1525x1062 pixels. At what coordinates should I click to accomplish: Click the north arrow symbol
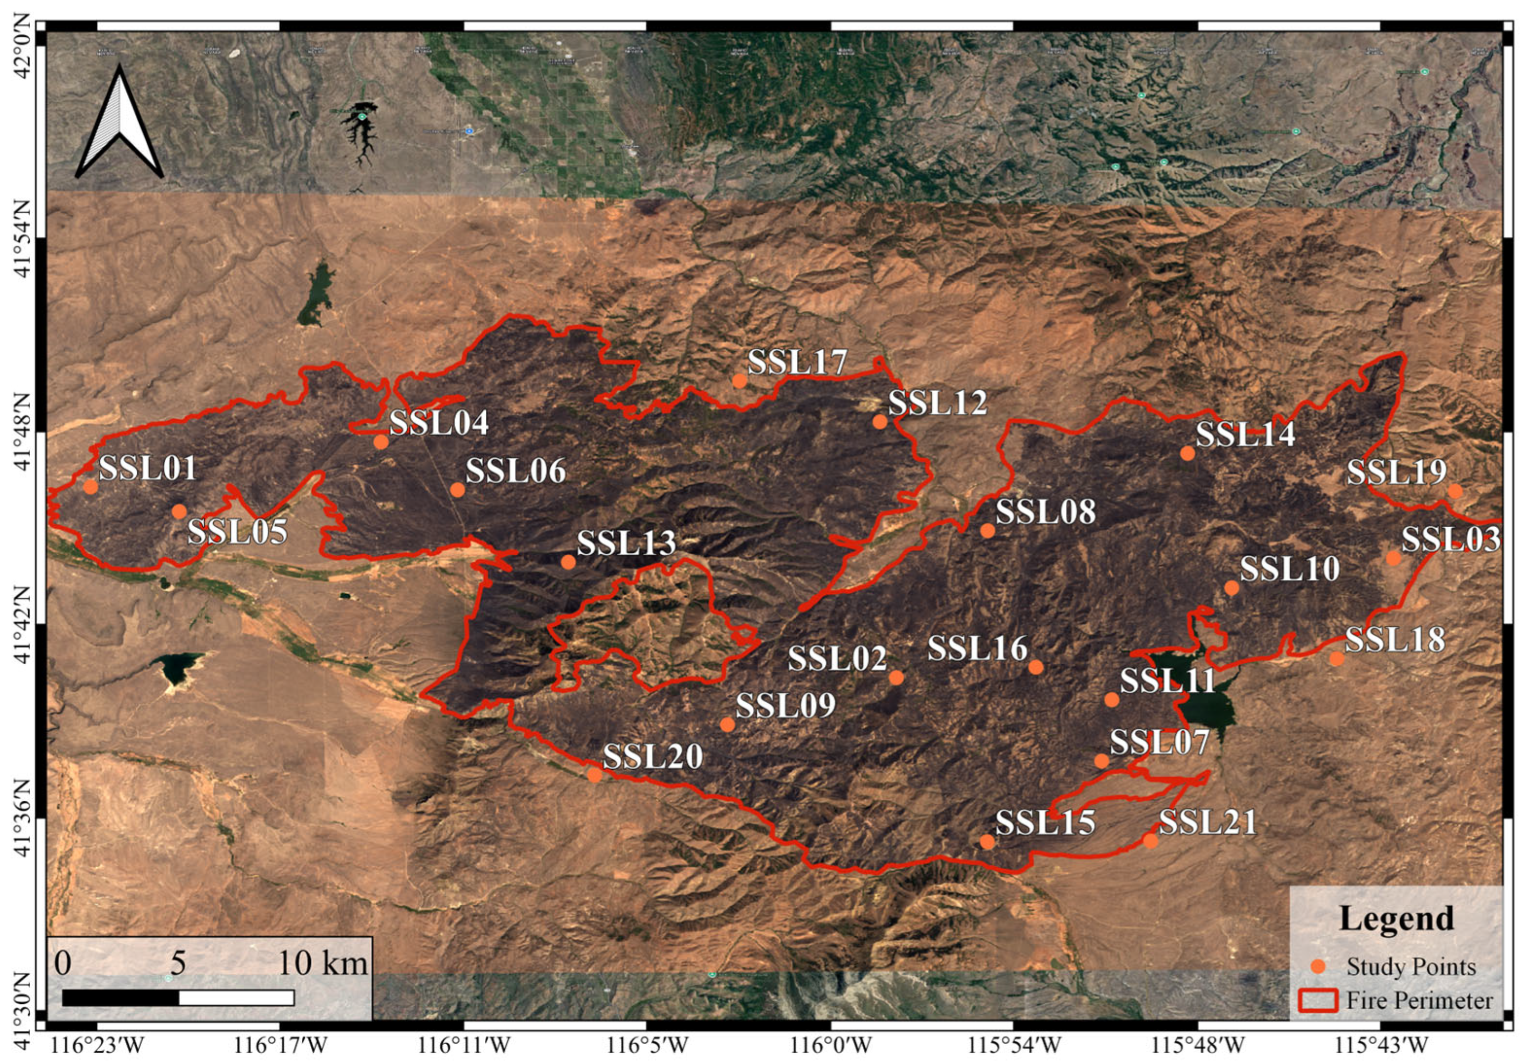pos(120,123)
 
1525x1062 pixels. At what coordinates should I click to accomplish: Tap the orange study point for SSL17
pos(739,380)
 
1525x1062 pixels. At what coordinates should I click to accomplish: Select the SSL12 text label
pos(938,403)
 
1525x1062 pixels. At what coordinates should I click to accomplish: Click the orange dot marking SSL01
pos(91,487)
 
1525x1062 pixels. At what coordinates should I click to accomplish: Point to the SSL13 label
pos(626,544)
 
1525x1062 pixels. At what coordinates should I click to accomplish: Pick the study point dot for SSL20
pos(594,775)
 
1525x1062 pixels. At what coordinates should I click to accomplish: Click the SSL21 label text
pos(1207,823)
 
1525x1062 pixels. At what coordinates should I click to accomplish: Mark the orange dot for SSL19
pos(1455,491)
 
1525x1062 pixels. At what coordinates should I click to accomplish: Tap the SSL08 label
pos(1045,512)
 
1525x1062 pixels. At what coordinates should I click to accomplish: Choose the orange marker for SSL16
pos(1036,667)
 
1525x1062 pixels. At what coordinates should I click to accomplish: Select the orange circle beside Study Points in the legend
pos(1319,966)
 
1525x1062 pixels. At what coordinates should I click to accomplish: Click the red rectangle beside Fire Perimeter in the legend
pos(1318,1000)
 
